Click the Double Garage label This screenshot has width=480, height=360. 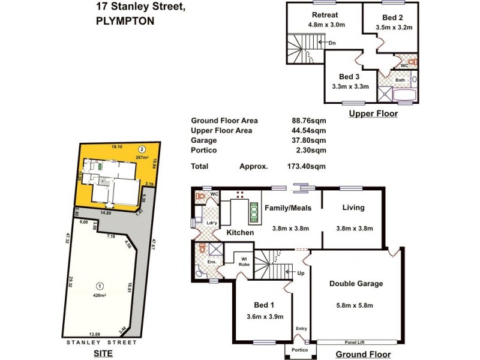coord(356,284)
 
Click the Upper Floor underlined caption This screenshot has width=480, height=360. coord(373,113)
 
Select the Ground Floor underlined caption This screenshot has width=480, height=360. coord(364,355)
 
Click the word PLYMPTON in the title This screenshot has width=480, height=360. coord(125,20)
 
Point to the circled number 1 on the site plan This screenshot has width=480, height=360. coord(100,286)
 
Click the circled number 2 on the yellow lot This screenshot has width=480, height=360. coord(142,149)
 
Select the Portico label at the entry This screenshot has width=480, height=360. coord(299,350)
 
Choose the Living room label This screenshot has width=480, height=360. coord(353,208)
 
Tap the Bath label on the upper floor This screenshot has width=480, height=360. coord(400,80)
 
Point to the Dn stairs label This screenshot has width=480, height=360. coord(332,43)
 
